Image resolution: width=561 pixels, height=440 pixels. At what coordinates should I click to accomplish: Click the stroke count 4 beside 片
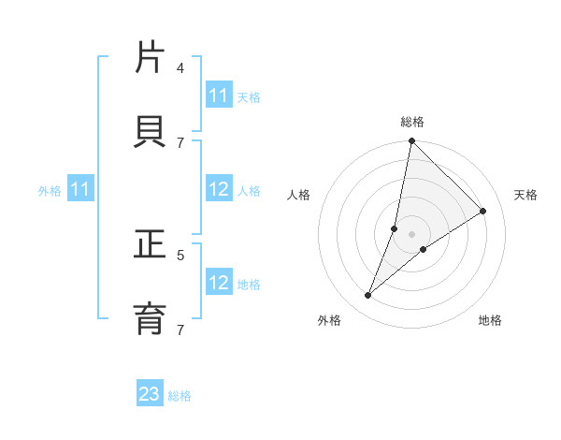(x=180, y=67)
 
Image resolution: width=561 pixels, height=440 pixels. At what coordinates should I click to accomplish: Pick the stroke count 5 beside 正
(x=180, y=254)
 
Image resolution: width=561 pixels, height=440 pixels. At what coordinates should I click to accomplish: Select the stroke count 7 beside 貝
(x=180, y=142)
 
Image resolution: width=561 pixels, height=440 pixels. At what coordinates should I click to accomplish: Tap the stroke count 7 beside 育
(x=180, y=330)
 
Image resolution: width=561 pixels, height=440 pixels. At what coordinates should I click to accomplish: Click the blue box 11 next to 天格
(x=218, y=95)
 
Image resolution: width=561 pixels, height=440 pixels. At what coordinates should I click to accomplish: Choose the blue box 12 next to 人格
(x=218, y=189)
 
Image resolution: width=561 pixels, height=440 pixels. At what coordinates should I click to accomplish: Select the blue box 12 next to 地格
(x=218, y=283)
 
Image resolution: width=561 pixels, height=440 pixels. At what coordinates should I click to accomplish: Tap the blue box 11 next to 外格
(x=79, y=189)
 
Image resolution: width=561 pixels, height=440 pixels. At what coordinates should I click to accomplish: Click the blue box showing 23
(x=150, y=394)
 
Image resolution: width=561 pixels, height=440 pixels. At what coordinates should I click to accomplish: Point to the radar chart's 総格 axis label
(x=411, y=122)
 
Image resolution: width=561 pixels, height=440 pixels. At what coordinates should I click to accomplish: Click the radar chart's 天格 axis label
(x=525, y=195)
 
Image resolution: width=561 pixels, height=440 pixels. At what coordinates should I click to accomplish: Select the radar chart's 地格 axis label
(x=490, y=320)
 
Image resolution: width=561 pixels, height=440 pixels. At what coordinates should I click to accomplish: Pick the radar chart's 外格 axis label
(x=329, y=320)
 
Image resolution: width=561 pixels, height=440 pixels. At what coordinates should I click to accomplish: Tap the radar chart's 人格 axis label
(x=298, y=195)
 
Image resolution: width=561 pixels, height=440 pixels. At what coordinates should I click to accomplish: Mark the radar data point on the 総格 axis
(x=411, y=141)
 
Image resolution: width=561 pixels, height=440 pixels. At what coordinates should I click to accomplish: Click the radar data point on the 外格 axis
(x=368, y=296)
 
